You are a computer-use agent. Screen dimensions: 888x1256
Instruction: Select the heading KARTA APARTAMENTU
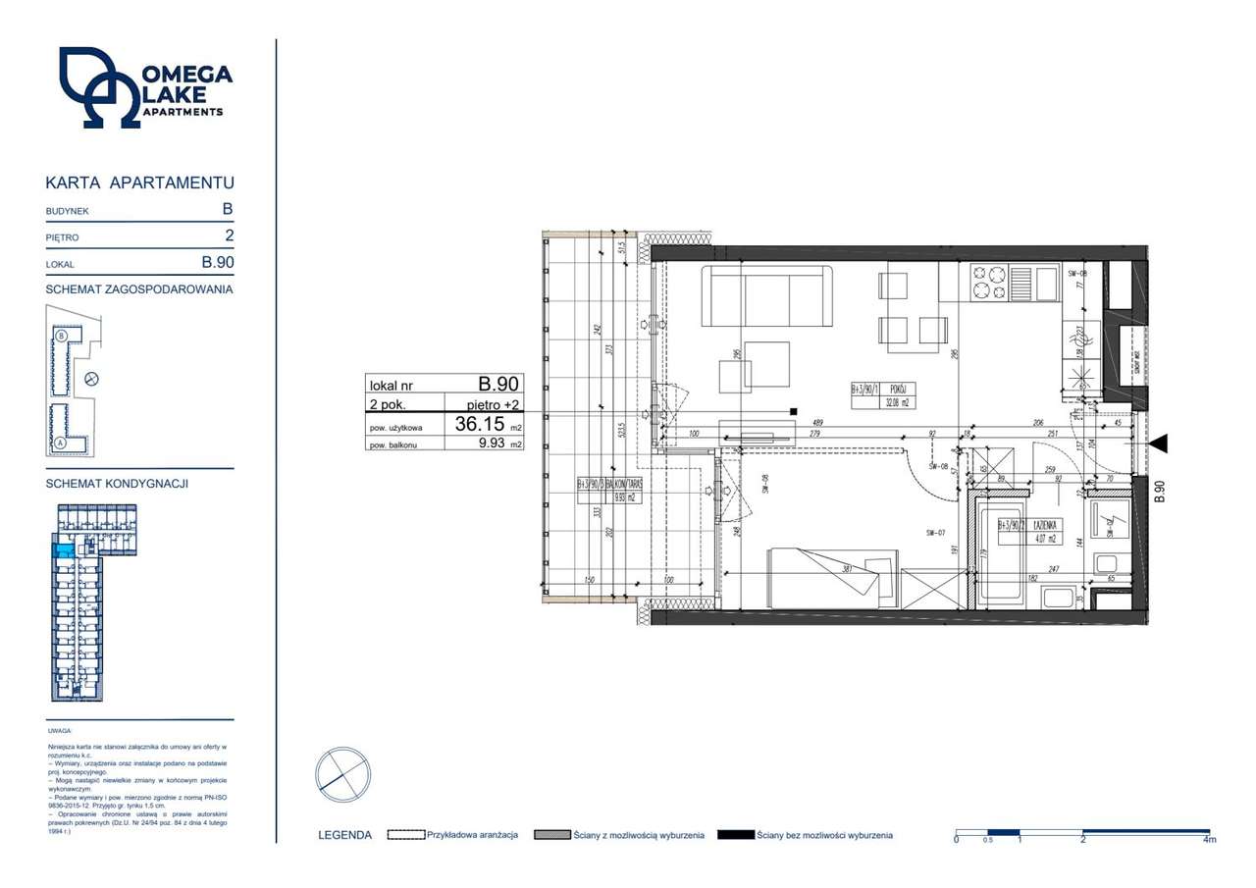coord(138,183)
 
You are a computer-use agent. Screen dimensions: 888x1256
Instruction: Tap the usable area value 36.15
coord(479,425)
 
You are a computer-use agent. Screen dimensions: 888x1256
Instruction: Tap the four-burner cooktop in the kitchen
coord(988,284)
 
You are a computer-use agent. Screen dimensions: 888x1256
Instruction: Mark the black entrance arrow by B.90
coord(1158,444)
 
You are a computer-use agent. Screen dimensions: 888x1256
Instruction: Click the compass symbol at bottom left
coord(342,775)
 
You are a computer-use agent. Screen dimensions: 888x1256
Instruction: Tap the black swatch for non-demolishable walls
coord(735,835)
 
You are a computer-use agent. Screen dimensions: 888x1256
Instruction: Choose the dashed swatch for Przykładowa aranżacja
coord(405,835)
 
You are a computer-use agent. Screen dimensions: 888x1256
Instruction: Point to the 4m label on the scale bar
coord(1209,840)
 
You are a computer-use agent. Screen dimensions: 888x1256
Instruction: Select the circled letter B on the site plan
coord(61,337)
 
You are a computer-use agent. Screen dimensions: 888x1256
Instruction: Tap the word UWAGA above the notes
coord(58,731)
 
